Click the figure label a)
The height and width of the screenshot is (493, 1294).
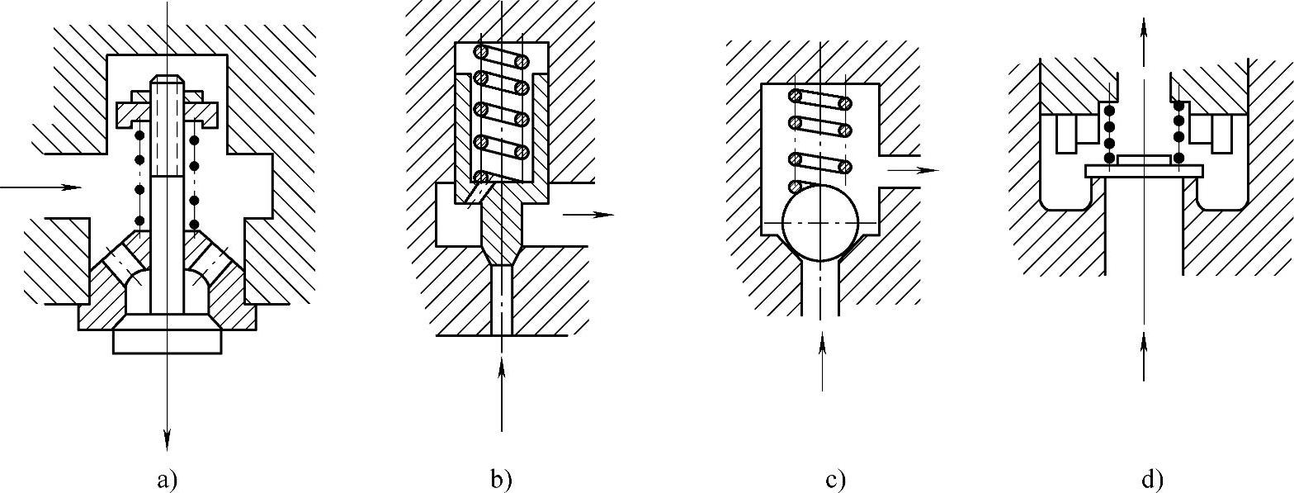(167, 479)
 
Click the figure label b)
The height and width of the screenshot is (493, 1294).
(501, 479)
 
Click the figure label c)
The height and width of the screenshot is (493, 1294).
(833, 479)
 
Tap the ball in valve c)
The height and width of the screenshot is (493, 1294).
(821, 225)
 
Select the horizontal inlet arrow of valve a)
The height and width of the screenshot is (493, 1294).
(41, 187)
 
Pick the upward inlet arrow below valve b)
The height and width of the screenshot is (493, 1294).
(501, 388)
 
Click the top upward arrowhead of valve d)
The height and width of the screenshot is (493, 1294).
(1144, 25)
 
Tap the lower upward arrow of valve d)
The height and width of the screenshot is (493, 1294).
(1144, 355)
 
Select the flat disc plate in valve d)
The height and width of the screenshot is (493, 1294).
(1144, 170)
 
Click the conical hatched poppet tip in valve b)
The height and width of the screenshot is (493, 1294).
(500, 223)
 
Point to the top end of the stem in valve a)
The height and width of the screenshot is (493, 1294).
(167, 80)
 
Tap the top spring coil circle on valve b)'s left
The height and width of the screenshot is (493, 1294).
(480, 51)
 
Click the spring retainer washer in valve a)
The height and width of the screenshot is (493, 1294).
(167, 110)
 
